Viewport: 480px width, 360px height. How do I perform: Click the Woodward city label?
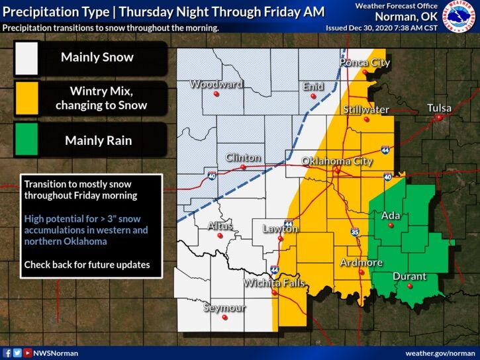coord(216,85)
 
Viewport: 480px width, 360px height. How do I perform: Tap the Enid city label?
coord(313,86)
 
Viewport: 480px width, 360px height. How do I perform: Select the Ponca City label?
coord(365,63)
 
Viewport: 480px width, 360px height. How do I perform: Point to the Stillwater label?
coord(365,109)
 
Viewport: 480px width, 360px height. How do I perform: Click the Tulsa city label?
coord(439,108)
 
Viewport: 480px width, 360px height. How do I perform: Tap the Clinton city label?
coord(243,157)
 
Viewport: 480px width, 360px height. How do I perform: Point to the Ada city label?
coord(391,215)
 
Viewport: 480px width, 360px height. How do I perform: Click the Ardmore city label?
coord(361,263)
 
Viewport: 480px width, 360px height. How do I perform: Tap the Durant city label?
coord(409,277)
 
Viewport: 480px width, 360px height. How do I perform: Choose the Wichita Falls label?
coord(274,283)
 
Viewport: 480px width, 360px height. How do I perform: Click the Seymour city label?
coord(224,308)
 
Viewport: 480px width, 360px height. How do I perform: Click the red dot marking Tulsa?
coord(438,118)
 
